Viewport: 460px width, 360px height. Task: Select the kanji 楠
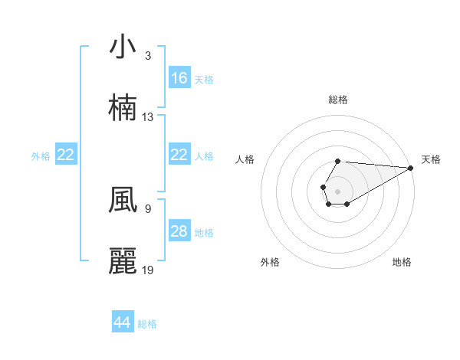click(x=123, y=108)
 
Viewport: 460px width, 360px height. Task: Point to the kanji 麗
click(x=123, y=261)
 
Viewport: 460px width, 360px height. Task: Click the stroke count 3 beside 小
click(x=148, y=56)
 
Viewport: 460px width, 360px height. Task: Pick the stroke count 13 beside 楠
click(x=148, y=117)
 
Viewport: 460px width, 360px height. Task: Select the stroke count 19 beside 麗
click(x=148, y=270)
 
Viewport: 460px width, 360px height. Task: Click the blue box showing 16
click(x=179, y=78)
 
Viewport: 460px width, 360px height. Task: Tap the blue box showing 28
click(x=179, y=231)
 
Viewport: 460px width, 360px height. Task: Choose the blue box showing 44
click(x=123, y=322)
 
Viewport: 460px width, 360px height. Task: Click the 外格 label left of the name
click(x=41, y=155)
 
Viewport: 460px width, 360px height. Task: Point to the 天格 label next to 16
click(x=204, y=79)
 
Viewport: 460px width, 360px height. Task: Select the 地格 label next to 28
click(x=204, y=232)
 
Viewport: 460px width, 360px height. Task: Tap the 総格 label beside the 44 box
click(x=147, y=323)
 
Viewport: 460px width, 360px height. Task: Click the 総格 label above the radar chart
click(x=338, y=100)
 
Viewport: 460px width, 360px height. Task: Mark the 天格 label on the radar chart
click(x=432, y=159)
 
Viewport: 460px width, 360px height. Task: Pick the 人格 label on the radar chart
click(x=245, y=159)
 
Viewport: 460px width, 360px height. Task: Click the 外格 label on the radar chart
click(x=270, y=263)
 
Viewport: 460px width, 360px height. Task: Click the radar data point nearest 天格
click(x=411, y=168)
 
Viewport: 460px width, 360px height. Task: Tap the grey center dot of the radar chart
click(x=337, y=190)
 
